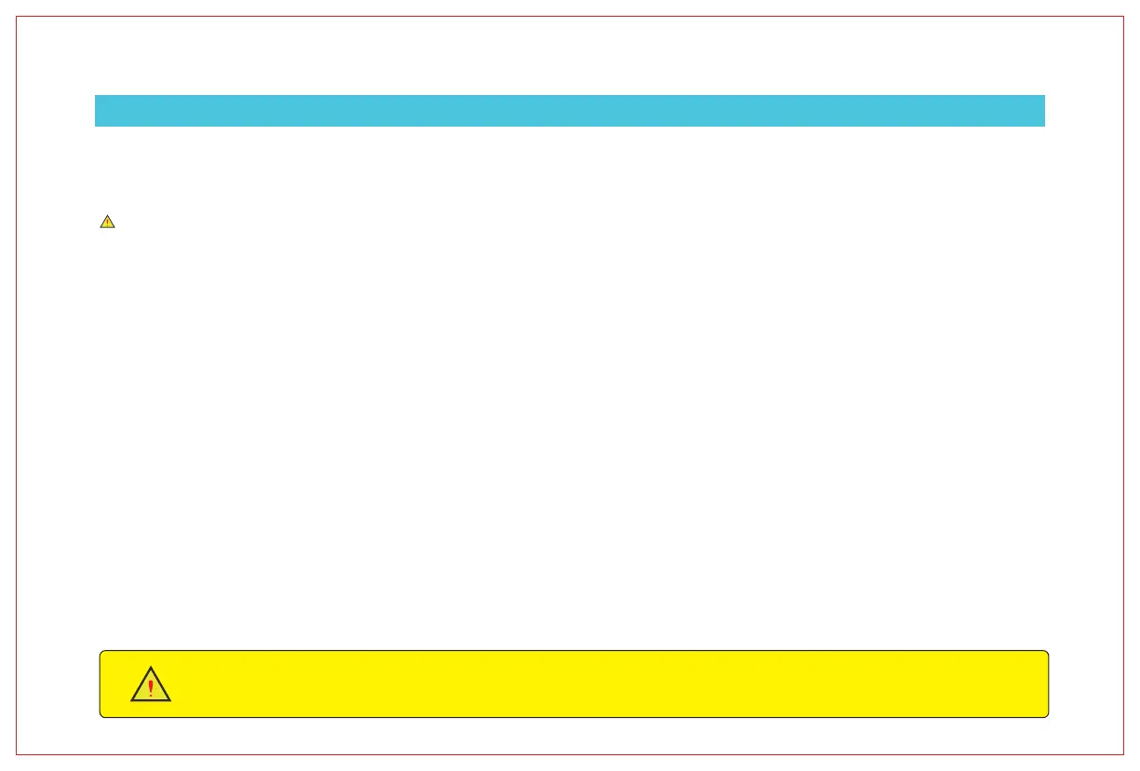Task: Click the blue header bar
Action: [x=570, y=110]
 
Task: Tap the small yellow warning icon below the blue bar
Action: [x=107, y=222]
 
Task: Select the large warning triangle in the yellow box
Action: [x=151, y=685]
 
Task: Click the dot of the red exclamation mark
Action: [x=151, y=696]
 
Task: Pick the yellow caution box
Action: [x=573, y=683]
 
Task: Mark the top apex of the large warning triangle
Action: [x=151, y=667]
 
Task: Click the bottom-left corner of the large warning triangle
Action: [x=131, y=700]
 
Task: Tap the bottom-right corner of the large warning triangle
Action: [x=170, y=700]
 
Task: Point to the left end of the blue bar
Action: [x=97, y=110]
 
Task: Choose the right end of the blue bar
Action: [x=1043, y=110]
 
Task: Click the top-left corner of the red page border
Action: [x=17, y=16]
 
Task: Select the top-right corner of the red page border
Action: [x=1123, y=16]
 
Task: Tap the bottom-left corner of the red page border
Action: [x=17, y=754]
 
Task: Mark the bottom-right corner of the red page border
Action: [x=1123, y=754]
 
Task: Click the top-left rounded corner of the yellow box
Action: [x=101, y=652]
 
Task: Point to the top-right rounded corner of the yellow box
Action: [x=1047, y=652]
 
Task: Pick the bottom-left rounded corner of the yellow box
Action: [x=101, y=716]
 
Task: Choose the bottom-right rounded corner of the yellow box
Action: [x=1047, y=716]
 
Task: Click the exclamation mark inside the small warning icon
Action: [x=107, y=223]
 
